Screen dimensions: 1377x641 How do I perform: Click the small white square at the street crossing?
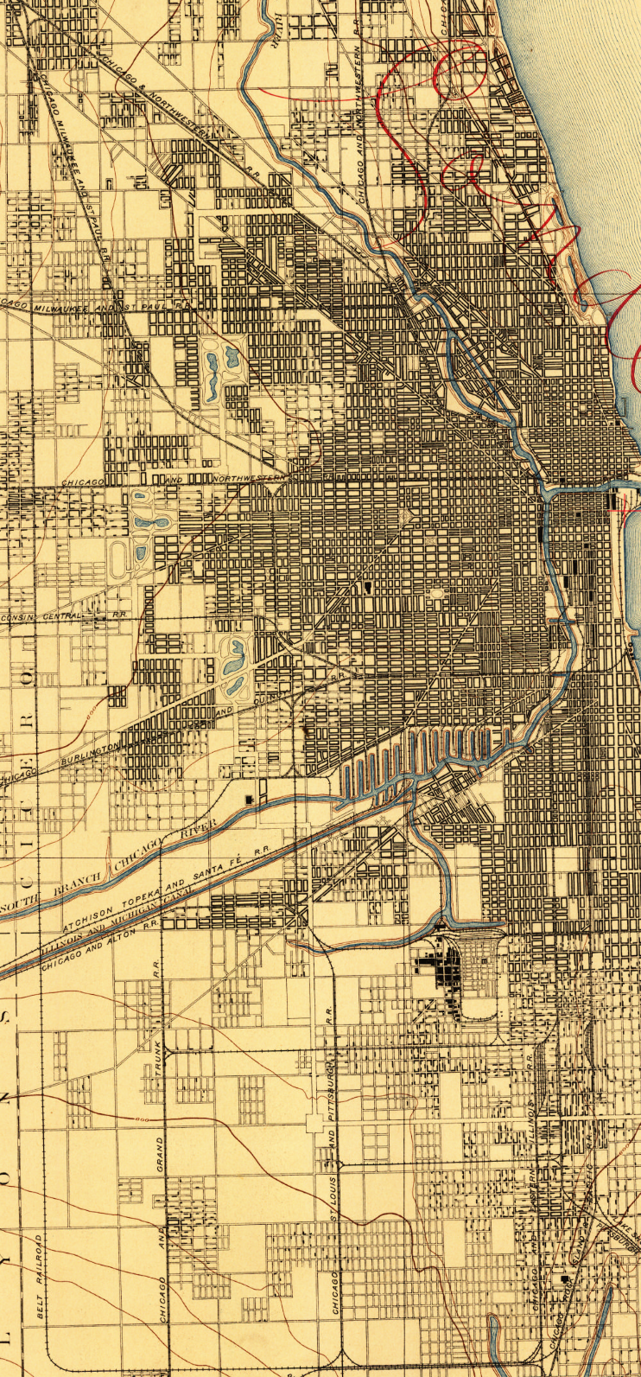click(x=317, y=1123)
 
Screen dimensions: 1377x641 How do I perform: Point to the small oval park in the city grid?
click(x=437, y=594)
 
